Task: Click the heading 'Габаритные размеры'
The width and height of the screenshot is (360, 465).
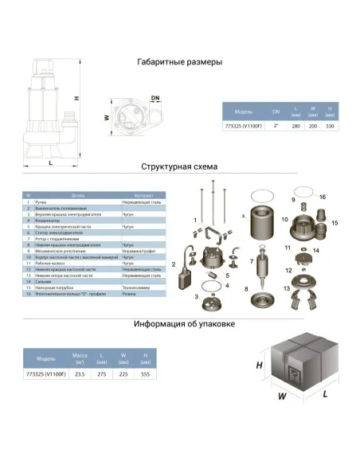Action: click(179, 61)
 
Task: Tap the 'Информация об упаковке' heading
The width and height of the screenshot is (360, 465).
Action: click(179, 324)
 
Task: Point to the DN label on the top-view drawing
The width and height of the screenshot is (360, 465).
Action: click(155, 98)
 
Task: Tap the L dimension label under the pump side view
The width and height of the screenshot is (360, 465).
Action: click(51, 162)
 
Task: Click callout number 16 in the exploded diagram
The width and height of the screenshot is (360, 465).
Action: click(322, 196)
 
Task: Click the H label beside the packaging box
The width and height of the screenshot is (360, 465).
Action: click(260, 365)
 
